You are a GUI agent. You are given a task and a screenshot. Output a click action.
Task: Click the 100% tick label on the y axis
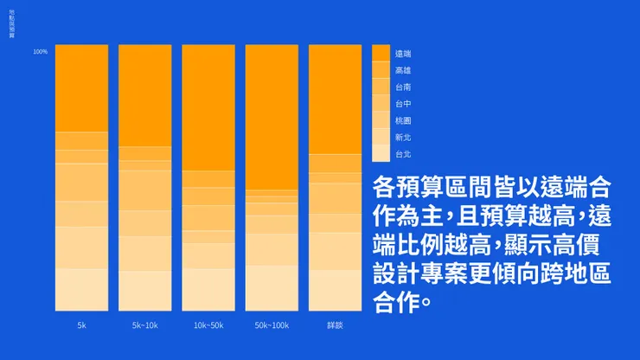coord(40,52)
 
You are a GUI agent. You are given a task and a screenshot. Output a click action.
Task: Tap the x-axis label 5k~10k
coord(144,325)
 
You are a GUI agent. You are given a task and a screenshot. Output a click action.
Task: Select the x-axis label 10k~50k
coord(208,325)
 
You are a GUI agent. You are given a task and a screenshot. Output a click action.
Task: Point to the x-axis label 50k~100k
coord(272,325)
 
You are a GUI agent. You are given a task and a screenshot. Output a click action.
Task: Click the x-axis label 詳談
coord(335,325)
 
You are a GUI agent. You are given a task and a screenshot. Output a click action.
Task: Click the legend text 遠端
coord(402,54)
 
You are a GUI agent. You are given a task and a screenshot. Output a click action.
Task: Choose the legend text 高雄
coord(402,70)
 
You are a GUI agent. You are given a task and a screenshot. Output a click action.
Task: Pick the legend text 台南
coord(402,87)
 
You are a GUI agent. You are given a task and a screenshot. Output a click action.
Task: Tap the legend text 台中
coord(402,104)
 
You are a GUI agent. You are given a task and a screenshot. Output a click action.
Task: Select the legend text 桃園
coord(402,120)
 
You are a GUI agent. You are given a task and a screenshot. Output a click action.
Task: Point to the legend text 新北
coord(402,137)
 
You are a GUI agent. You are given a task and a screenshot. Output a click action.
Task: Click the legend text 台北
coord(402,154)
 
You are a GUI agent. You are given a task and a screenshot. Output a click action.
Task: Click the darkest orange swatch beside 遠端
coord(381,53)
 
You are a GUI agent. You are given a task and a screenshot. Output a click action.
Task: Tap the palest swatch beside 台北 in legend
coord(381,154)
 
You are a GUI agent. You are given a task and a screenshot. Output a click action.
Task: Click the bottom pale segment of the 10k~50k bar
coord(208,290)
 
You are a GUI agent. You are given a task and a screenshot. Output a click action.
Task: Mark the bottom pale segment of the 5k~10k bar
coord(144,291)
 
